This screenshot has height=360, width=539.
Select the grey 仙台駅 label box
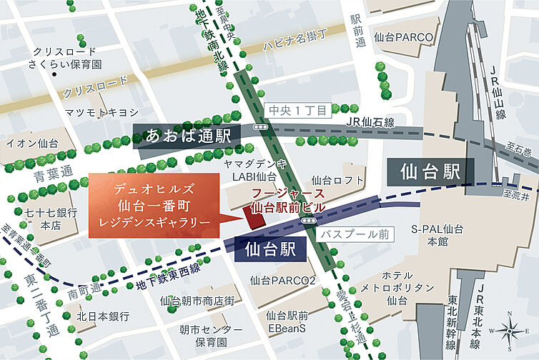pyautogui.click(x=428, y=171)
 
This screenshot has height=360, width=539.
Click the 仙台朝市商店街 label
pyautogui.click(x=197, y=301)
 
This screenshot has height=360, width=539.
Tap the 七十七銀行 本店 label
pyautogui.click(x=49, y=219)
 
